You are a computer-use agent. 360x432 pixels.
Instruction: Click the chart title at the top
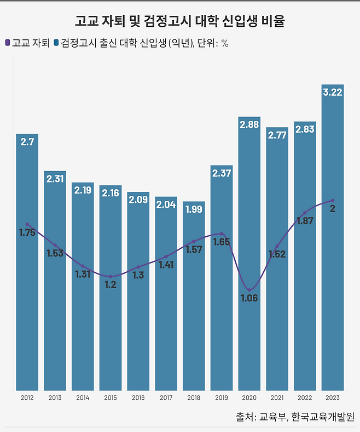tap(180, 22)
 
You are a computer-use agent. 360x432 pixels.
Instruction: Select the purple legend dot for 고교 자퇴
tap(7, 43)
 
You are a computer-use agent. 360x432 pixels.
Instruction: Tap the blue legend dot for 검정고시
tap(56, 43)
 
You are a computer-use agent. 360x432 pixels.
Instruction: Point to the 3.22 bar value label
tap(332, 92)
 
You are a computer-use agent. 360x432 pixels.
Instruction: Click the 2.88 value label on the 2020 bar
tap(249, 125)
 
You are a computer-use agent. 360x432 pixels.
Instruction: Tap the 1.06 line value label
tap(249, 299)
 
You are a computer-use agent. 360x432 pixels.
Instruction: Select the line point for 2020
tap(249, 290)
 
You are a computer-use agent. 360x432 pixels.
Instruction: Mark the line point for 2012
tap(27, 224)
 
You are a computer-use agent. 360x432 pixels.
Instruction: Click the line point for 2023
tap(332, 201)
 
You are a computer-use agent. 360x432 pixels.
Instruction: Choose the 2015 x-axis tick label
tap(110, 398)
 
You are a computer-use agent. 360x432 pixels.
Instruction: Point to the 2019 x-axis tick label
tap(221, 398)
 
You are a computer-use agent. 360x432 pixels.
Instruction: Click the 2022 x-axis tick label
tap(304, 398)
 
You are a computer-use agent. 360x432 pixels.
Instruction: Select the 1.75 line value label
tap(27, 232)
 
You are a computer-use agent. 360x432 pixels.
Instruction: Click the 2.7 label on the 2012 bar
tap(27, 142)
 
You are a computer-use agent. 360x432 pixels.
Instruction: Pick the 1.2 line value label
tap(110, 285)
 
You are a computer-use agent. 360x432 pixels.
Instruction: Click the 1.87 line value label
tap(304, 221)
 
